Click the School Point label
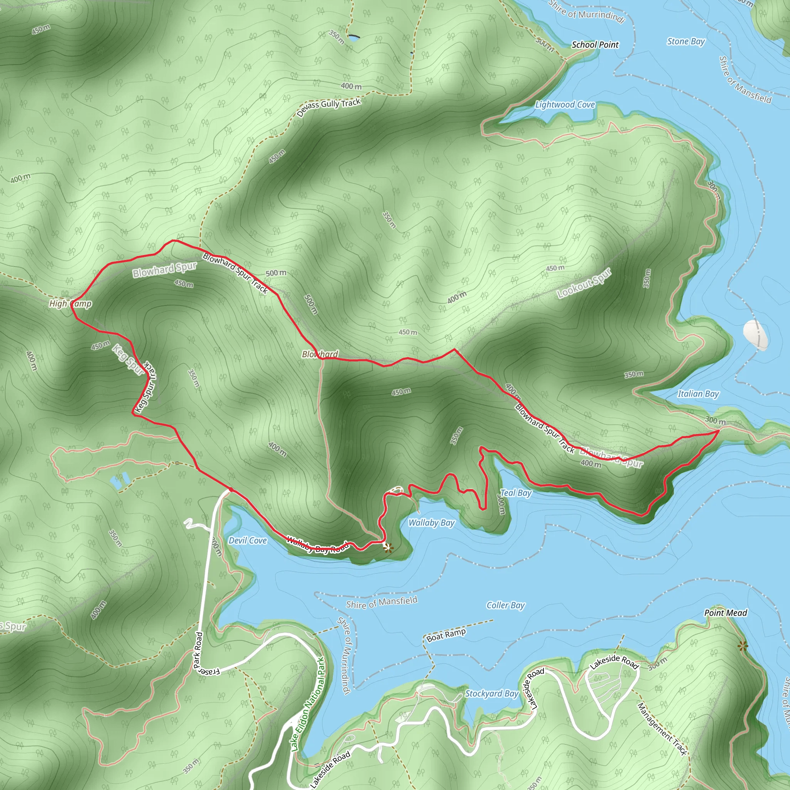pos(595,45)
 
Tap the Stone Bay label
pos(686,41)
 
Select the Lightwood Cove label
pos(565,105)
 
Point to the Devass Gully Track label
pos(329,107)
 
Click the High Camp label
pos(70,304)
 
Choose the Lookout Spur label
pos(584,283)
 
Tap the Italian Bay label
pos(698,394)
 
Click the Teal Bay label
pos(516,493)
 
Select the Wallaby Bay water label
pos(431,523)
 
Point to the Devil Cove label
pos(247,540)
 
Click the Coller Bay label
pos(505,605)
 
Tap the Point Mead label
pos(726,613)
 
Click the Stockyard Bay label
pos(491,694)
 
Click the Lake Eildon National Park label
pos(308,704)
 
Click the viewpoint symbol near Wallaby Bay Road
pos(387,547)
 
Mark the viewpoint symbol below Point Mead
pos(743,646)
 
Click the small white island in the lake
pos(755,335)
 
